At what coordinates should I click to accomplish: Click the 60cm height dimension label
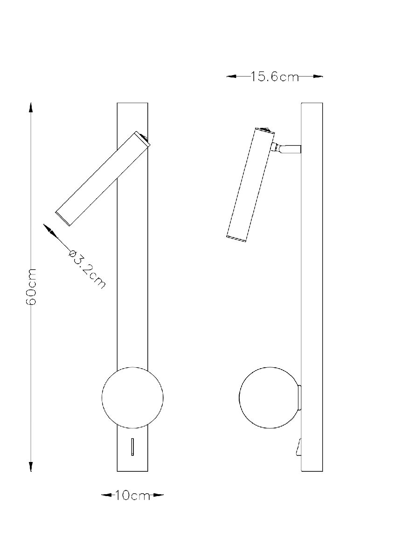tap(31, 287)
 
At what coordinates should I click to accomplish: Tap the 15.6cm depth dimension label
tap(274, 77)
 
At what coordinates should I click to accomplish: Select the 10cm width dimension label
tap(133, 495)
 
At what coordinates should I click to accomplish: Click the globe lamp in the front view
tap(132, 397)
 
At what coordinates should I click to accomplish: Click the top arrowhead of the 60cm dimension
tap(31, 108)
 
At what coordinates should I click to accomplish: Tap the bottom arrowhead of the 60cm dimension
tap(31, 467)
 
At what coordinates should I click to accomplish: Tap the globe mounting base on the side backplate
tap(299, 398)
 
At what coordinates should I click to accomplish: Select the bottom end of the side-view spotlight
tap(236, 239)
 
